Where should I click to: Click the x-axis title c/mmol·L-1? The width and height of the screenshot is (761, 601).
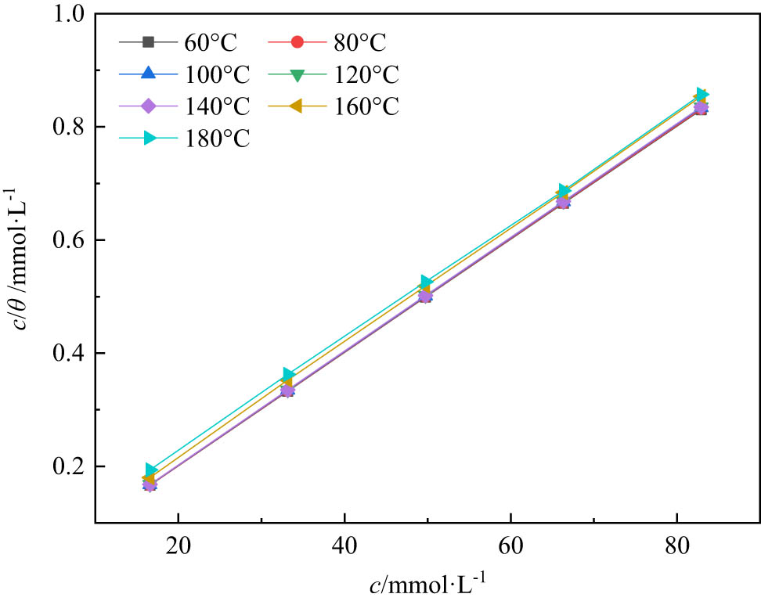point(430,583)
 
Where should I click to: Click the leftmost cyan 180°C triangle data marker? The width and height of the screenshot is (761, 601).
point(151,470)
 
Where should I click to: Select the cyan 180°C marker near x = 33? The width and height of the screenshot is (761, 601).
point(288,375)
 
